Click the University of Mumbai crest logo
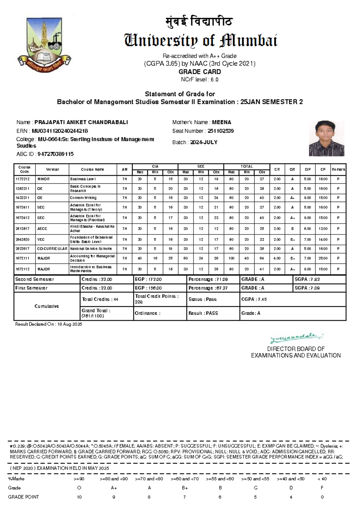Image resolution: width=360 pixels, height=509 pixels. coord(44,44)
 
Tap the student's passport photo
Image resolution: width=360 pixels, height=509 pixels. coord(326,138)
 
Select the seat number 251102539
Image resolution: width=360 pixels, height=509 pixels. coord(220,131)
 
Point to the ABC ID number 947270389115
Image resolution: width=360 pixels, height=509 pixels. coord(55,154)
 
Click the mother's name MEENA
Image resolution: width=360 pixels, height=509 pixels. coord(221,122)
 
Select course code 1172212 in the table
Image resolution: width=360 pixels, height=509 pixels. coord(22,179)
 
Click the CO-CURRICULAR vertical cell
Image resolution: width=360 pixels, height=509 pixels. coord(52,248)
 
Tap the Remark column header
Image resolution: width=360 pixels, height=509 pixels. coord(338,170)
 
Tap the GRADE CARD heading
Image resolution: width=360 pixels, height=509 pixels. coord(199,72)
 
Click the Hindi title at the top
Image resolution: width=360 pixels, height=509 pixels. coord(199,22)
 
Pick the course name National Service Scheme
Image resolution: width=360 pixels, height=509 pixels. coord(91,248)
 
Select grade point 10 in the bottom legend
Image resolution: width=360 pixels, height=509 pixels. coord(79,497)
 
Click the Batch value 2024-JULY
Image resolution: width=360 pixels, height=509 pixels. coord(204,142)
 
